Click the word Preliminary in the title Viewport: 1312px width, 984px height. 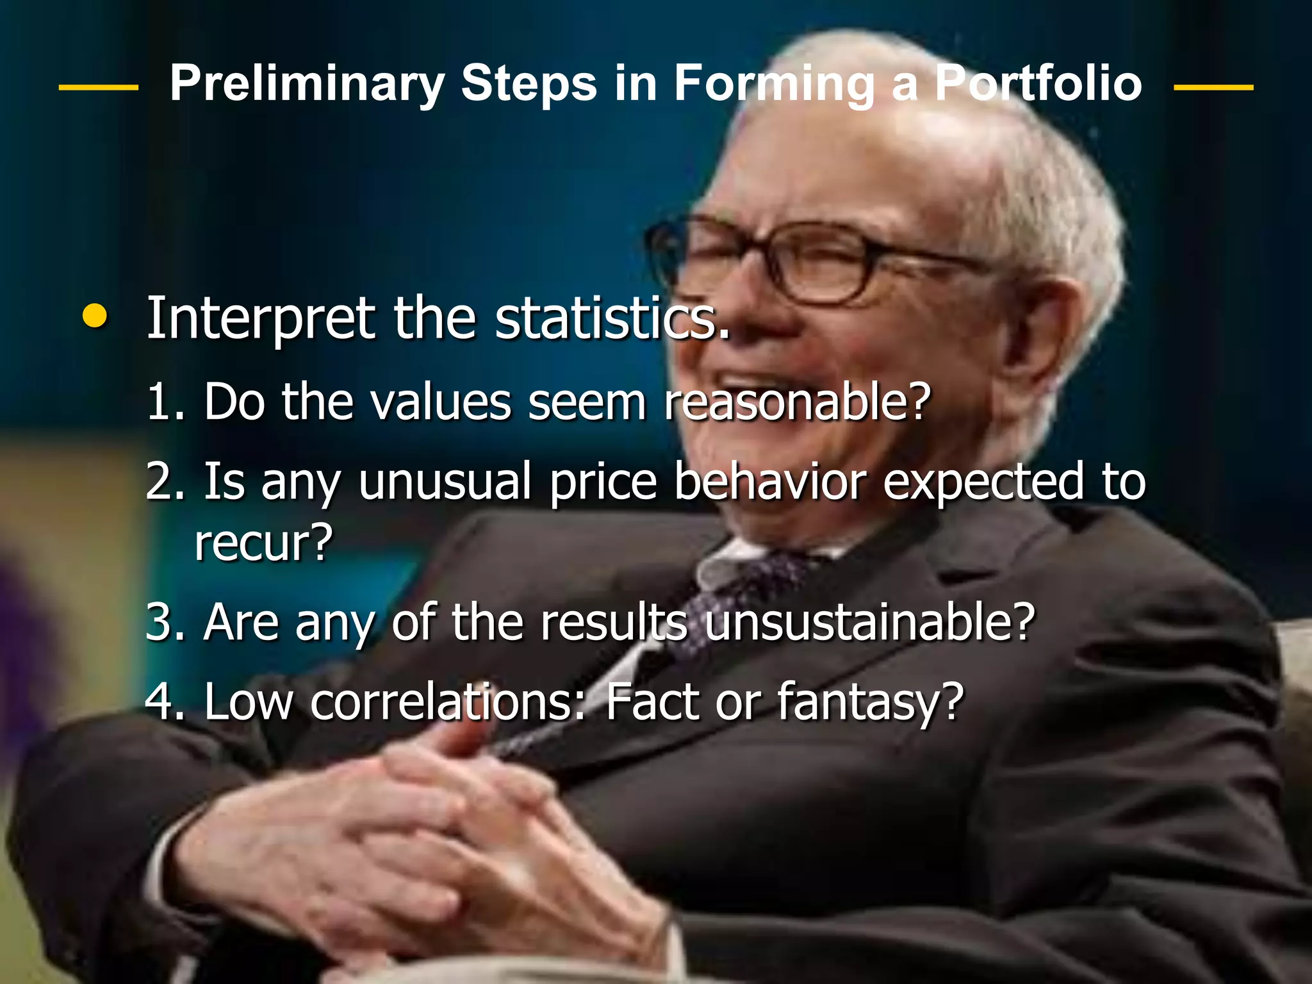[x=306, y=85]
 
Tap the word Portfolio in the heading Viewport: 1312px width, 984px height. [x=1038, y=83]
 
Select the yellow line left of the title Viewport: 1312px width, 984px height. [x=98, y=87]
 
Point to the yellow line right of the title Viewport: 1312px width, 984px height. [x=1213, y=87]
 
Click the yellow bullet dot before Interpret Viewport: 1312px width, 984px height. [x=95, y=316]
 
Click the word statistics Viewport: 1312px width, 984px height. [x=612, y=318]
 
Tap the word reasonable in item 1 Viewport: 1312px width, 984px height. [x=796, y=402]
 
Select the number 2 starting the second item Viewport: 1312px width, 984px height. [x=158, y=482]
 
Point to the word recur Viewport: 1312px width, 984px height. [x=263, y=542]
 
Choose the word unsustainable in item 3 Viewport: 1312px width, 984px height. [x=869, y=621]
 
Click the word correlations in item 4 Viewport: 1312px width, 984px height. [x=448, y=701]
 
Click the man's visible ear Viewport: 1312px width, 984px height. [x=1051, y=333]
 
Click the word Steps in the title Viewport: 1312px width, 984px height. [x=529, y=85]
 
